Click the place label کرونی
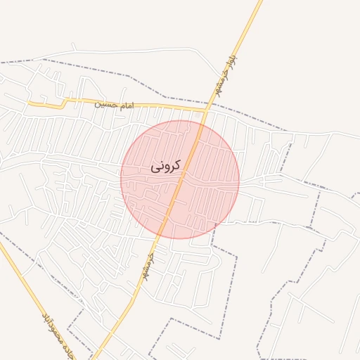(x=166, y=166)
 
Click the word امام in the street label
(x=126, y=105)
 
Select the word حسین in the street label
(x=108, y=104)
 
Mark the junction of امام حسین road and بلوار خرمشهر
(x=205, y=109)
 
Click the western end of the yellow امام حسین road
(x=29, y=103)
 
